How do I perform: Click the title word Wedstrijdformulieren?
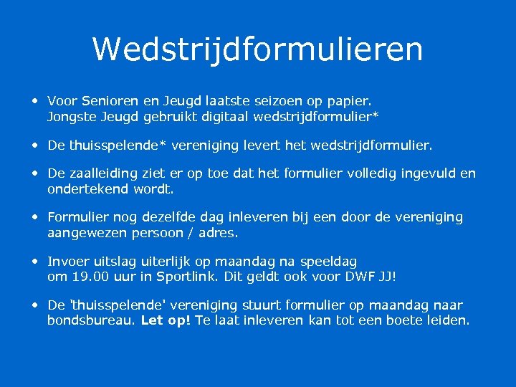pyautogui.click(x=257, y=49)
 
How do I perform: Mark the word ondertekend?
pyautogui.click(x=87, y=189)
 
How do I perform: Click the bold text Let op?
pyautogui.click(x=166, y=320)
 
